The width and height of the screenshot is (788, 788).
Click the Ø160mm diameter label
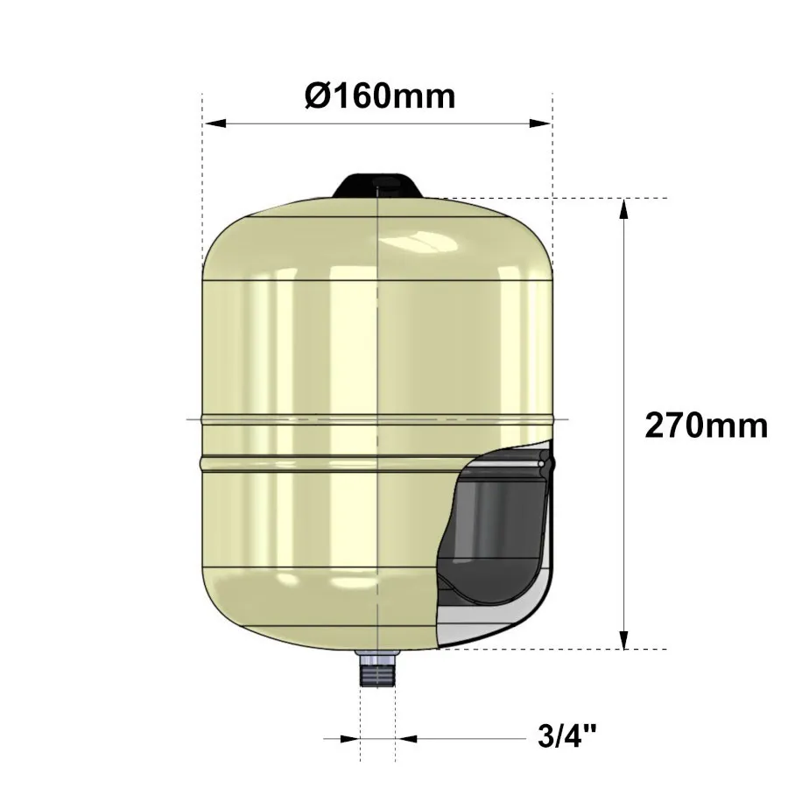click(380, 95)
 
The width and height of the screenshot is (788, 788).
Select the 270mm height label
click(706, 426)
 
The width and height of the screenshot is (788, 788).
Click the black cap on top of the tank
click(378, 186)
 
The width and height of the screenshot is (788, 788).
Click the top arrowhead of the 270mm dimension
click(623, 208)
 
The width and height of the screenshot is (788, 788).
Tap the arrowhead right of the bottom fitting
click(405, 739)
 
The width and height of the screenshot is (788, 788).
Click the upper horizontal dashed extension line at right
click(613, 198)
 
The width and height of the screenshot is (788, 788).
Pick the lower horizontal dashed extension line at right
click(613, 650)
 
